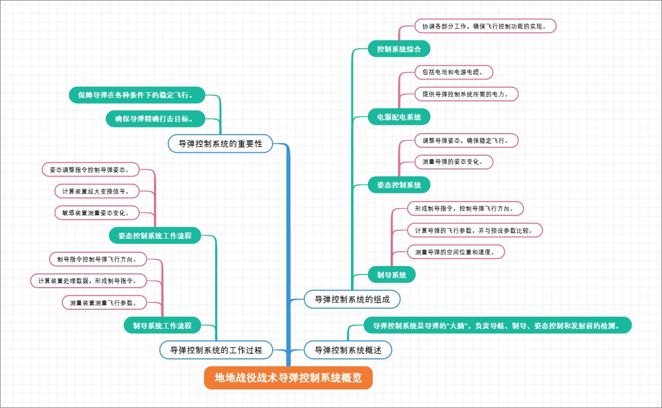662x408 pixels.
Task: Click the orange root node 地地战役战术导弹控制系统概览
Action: pos(289,378)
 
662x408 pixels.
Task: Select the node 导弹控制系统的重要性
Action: pos(220,144)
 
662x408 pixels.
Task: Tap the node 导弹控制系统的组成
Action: pos(352,300)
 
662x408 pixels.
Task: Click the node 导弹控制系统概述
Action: pos(348,350)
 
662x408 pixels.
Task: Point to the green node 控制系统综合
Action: pos(399,49)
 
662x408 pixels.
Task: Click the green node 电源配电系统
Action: pos(399,117)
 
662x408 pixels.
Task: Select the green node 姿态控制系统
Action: pos(399,185)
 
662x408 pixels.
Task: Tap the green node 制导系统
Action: pos(392,274)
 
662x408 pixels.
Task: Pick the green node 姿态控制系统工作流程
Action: pos(154,236)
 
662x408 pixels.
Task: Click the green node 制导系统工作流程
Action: pos(162,326)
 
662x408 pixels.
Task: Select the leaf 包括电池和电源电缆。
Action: pos(453,72)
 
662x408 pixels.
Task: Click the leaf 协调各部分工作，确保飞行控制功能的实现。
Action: pos(485,26)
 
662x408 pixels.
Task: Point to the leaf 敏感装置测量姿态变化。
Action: pos(97,213)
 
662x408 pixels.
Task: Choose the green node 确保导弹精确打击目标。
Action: pos(156,119)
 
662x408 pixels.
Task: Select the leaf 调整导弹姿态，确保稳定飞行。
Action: pos(466,141)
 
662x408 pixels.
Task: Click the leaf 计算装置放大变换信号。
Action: pos(97,191)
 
